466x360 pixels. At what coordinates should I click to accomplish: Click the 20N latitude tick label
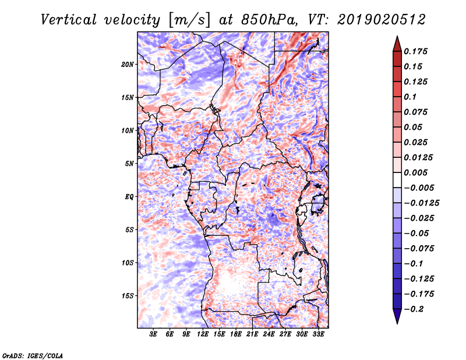(x=127, y=65)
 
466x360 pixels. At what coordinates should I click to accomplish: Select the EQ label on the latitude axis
(x=129, y=197)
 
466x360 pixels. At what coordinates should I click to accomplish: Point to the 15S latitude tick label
(x=127, y=296)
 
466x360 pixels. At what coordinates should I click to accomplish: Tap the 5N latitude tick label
(x=129, y=164)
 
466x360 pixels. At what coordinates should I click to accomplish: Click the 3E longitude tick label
(x=153, y=334)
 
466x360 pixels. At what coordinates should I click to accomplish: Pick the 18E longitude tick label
(x=236, y=334)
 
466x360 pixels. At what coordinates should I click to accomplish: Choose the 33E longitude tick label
(x=318, y=334)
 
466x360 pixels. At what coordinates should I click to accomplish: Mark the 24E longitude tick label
(x=269, y=334)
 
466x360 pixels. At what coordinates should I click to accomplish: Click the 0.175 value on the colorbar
(x=415, y=51)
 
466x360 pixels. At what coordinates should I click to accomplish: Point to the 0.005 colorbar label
(x=415, y=172)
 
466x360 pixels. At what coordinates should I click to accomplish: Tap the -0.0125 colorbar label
(x=421, y=203)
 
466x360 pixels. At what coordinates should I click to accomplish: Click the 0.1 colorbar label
(x=410, y=97)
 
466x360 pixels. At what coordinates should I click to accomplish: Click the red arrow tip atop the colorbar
(x=397, y=37)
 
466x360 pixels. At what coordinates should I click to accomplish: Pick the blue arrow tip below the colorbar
(x=397, y=323)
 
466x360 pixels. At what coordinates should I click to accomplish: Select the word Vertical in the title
(x=69, y=20)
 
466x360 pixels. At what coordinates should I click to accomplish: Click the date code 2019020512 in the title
(x=382, y=20)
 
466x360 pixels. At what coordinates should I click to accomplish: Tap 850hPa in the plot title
(x=269, y=20)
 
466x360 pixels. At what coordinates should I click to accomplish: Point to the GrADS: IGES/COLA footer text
(x=33, y=355)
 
